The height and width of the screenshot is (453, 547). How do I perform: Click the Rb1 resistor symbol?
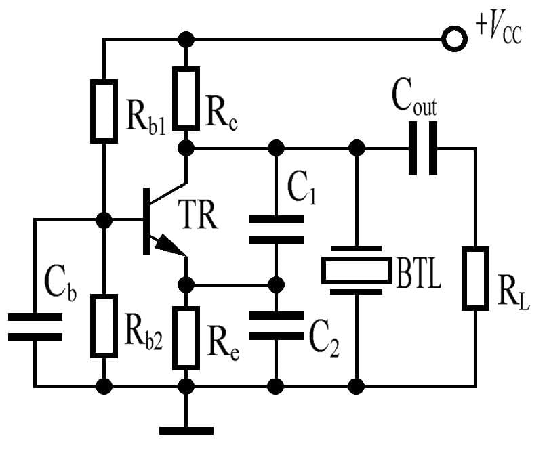point(104,110)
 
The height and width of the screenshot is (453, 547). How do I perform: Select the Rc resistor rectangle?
point(186,98)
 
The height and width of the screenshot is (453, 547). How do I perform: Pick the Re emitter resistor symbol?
point(186,337)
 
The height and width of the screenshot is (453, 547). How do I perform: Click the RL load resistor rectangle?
point(476,278)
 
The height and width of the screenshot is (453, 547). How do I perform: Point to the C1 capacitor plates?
point(276,229)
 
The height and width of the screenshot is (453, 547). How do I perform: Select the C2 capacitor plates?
point(276,325)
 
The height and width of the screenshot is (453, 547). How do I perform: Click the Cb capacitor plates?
point(35,326)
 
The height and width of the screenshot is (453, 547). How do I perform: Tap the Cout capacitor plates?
point(423,148)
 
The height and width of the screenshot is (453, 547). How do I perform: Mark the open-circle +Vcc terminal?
point(453,39)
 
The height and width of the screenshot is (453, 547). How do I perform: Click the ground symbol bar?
point(186,429)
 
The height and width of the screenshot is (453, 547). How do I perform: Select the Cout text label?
point(414,100)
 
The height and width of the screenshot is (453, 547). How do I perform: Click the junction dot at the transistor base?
point(104,220)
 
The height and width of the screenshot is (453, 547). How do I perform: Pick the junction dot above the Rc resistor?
point(186,39)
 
